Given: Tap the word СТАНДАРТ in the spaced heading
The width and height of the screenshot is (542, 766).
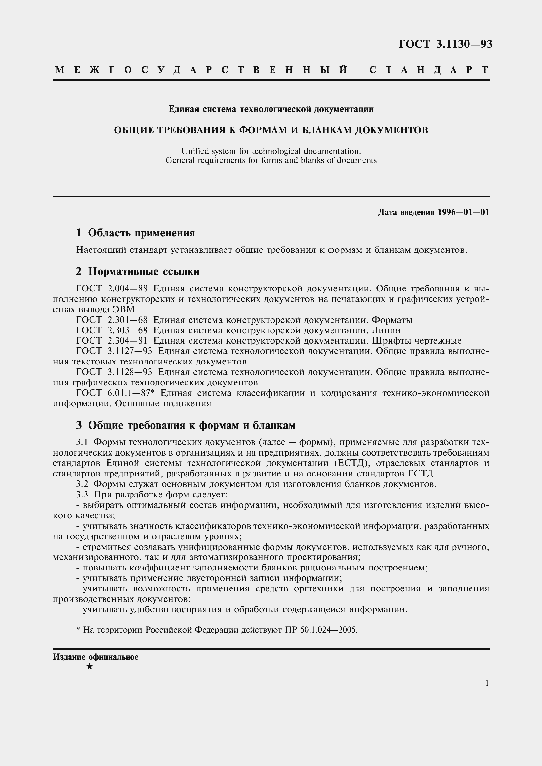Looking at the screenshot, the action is tap(429, 70).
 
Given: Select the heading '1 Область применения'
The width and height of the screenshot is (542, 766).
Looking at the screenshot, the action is tap(136, 233).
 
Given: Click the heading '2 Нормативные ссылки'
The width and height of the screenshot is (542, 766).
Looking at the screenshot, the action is tap(138, 271).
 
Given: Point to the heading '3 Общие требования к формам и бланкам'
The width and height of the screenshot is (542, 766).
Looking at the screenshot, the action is tap(186, 425).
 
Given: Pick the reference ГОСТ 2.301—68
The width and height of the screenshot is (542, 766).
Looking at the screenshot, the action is tap(112, 320).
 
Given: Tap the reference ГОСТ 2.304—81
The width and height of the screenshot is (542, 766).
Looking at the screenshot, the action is tap(112, 341).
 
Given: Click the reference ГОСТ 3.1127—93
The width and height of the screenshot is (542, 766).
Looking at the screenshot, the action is tap(114, 351).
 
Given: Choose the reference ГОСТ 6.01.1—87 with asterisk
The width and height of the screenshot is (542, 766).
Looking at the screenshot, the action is tap(115, 393).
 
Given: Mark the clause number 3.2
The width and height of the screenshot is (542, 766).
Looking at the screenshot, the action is tap(82, 484).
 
